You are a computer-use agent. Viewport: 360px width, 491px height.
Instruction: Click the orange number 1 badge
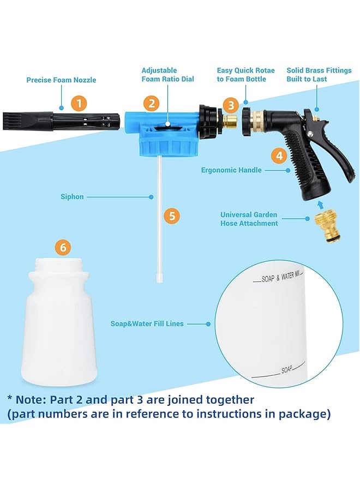pos(80,103)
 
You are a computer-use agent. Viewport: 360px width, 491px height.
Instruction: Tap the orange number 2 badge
pos(151,103)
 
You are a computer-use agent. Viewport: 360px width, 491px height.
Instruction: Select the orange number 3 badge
pos(231,105)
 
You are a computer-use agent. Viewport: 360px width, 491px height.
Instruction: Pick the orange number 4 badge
pos(279,155)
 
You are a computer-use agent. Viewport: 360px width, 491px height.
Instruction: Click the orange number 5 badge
pos(172,215)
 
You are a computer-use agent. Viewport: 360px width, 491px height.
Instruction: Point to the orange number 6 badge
pos(63,248)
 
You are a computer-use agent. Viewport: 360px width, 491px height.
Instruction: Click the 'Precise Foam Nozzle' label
pos(61,80)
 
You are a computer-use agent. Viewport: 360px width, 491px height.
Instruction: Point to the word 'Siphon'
pos(72,196)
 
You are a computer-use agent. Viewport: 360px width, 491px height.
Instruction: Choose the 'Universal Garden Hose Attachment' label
pos(249,219)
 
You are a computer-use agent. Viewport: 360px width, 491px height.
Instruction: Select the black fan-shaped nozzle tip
pos(14,121)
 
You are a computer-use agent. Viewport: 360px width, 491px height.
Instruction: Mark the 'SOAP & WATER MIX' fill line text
pos(281,278)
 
